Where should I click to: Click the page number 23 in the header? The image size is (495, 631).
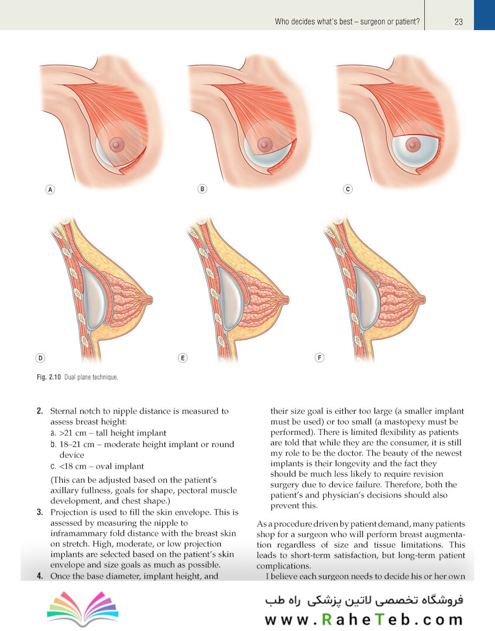[x=458, y=22]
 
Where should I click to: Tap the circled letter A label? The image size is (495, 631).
[x=50, y=189]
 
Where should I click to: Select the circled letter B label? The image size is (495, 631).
[x=202, y=189]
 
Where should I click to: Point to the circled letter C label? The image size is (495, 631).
[x=348, y=189]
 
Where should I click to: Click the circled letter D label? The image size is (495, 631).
[x=40, y=358]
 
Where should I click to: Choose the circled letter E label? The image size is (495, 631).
[x=183, y=358]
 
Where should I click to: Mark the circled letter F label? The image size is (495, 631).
[x=319, y=358]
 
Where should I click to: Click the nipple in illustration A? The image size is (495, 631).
[x=117, y=144]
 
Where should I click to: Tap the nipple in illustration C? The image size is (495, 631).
[x=412, y=145]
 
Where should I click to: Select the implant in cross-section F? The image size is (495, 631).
[x=366, y=298]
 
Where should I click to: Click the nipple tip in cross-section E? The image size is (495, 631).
[x=287, y=299]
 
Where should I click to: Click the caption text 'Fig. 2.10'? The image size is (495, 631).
[x=49, y=377]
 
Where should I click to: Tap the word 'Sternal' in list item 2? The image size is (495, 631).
[x=64, y=411]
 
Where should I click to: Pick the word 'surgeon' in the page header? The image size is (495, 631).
[x=373, y=22]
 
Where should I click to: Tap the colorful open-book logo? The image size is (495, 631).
[x=82, y=608]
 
